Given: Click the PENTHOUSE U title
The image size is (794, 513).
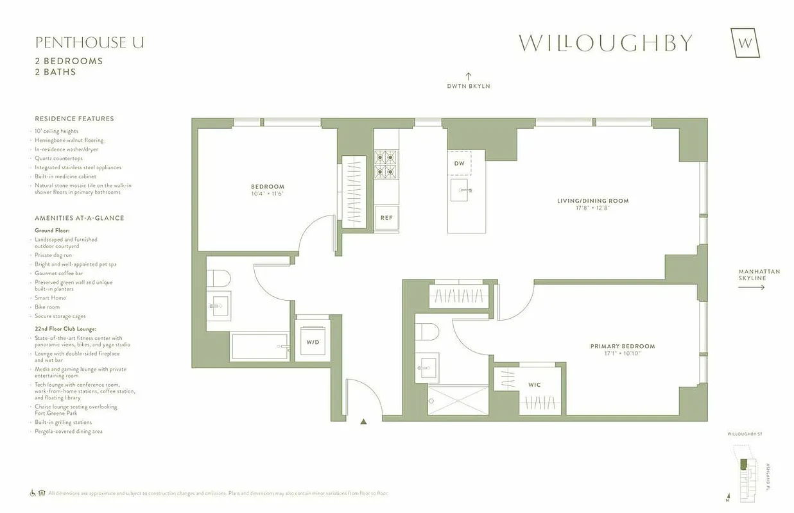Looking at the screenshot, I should click(x=89, y=43).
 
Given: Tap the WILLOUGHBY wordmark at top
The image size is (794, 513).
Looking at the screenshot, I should click(x=605, y=43).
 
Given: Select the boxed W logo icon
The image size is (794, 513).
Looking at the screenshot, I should click(x=745, y=43).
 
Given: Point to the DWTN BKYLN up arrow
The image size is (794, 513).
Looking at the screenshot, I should click(x=469, y=76).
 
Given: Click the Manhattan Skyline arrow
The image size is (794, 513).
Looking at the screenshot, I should click(x=751, y=287).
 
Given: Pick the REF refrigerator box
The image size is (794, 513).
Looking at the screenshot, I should click(x=386, y=217).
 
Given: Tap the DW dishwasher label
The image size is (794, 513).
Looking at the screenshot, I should click(x=459, y=164).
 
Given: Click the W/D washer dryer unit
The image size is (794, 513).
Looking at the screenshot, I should click(x=313, y=342).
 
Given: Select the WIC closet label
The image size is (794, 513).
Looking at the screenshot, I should click(x=535, y=385).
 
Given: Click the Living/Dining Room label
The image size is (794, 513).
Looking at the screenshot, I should click(x=592, y=201).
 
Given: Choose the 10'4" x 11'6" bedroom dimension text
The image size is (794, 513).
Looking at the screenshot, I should click(x=267, y=194).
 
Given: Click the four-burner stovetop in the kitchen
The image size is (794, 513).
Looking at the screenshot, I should click(x=386, y=164).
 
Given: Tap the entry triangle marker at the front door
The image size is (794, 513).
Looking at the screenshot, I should click(x=364, y=422).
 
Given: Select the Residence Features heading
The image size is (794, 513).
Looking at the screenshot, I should click(x=74, y=119).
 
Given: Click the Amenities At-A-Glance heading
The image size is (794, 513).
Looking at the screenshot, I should click(x=80, y=218).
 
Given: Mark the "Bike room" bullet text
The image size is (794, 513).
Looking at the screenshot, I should click(x=47, y=307).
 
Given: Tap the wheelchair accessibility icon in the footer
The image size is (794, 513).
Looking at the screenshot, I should click(x=33, y=493).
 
